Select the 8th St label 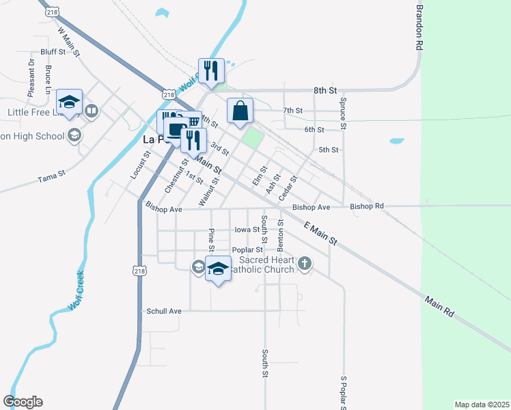pos(326,90)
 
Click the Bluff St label pos(53,51)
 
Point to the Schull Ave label pos(164,311)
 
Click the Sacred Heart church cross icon pos(305,262)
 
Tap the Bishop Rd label pos(367,206)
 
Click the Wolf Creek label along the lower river pos(76,290)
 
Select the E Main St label pos(321,233)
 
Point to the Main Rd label pos(439,305)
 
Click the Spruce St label pos(344,112)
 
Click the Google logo pos(23,402)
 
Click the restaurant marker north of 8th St pos(210,70)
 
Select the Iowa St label pos(247,230)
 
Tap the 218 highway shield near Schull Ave pos(140,271)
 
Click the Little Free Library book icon pos(92,111)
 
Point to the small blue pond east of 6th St pos(396,141)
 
